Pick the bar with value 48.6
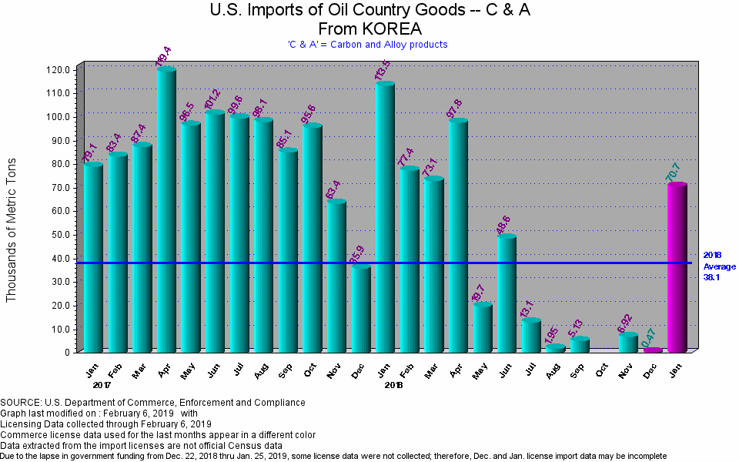click(507, 293)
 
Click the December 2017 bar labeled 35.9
click(361, 308)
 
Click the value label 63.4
click(334, 188)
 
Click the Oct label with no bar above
click(604, 370)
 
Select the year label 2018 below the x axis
click(394, 383)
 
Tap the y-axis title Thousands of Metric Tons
click(12, 231)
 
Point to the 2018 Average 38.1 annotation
click(719, 266)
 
